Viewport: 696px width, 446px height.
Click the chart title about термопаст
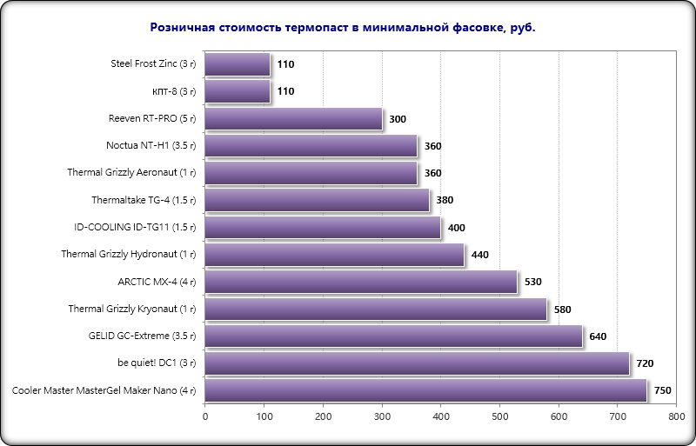[x=343, y=28]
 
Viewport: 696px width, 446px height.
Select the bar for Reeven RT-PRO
[x=294, y=119]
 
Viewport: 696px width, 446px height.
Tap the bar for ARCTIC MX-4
[x=361, y=282]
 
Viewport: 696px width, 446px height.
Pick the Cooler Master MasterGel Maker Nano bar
[x=426, y=390]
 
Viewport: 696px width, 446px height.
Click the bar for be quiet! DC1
[x=417, y=363]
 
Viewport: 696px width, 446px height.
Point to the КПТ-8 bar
[x=238, y=91]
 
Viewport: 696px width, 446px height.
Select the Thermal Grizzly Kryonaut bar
[x=376, y=309]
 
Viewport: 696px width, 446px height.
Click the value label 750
[x=663, y=391]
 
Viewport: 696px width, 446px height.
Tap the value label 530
[x=533, y=283]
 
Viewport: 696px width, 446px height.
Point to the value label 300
[x=398, y=119]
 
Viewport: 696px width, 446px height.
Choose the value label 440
[x=480, y=256]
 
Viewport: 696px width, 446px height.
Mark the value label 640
[x=598, y=336]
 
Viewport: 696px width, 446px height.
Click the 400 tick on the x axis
[x=440, y=417]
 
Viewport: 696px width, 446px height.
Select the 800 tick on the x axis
[x=676, y=417]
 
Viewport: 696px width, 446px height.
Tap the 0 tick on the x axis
[x=205, y=417]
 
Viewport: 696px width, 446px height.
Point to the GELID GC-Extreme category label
[x=143, y=336]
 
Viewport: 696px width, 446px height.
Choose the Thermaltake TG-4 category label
[x=144, y=200]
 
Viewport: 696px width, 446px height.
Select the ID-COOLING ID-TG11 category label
[x=136, y=227]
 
